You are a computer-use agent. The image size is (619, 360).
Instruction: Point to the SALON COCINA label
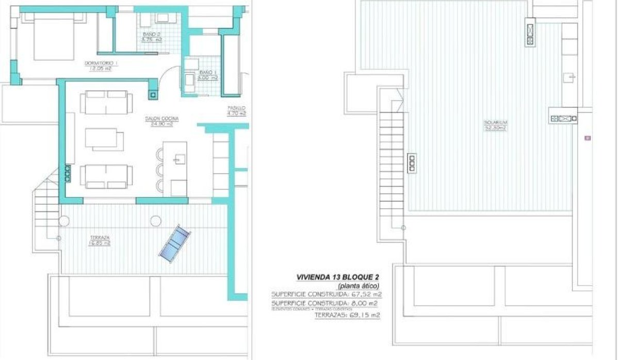161,119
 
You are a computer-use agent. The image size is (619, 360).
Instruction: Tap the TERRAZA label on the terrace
99,238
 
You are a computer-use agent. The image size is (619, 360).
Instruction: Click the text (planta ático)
359,286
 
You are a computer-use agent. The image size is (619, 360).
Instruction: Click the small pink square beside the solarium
587,138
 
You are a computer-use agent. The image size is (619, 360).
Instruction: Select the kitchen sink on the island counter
178,159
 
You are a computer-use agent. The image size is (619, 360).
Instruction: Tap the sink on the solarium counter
569,77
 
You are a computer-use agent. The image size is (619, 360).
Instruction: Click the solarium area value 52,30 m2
495,128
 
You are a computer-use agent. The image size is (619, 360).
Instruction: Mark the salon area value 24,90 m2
161,124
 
